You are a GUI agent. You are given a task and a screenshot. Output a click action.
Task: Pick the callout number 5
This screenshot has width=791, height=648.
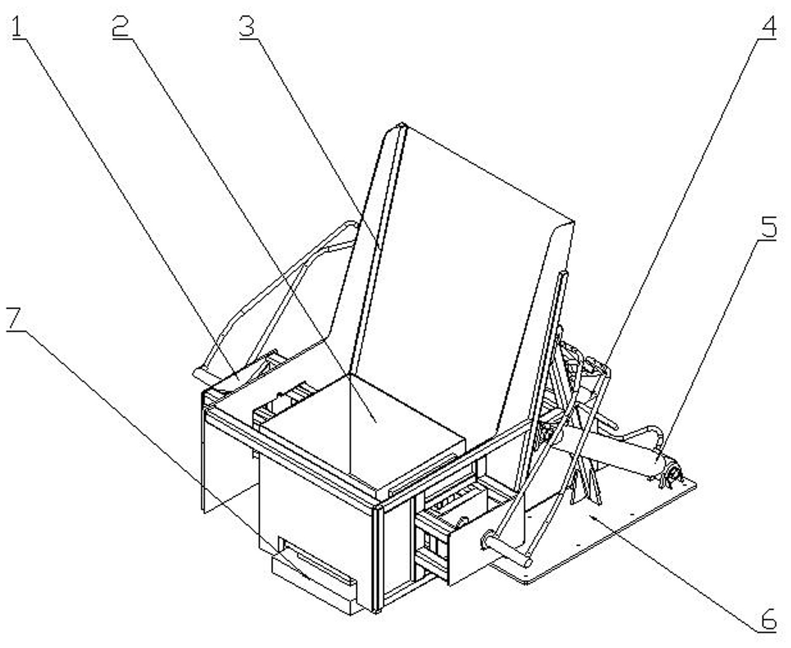(769, 227)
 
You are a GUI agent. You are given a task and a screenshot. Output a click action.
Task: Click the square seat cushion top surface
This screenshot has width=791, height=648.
(361, 429)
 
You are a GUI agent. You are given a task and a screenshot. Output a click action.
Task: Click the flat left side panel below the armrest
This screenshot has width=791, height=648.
(227, 460)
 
